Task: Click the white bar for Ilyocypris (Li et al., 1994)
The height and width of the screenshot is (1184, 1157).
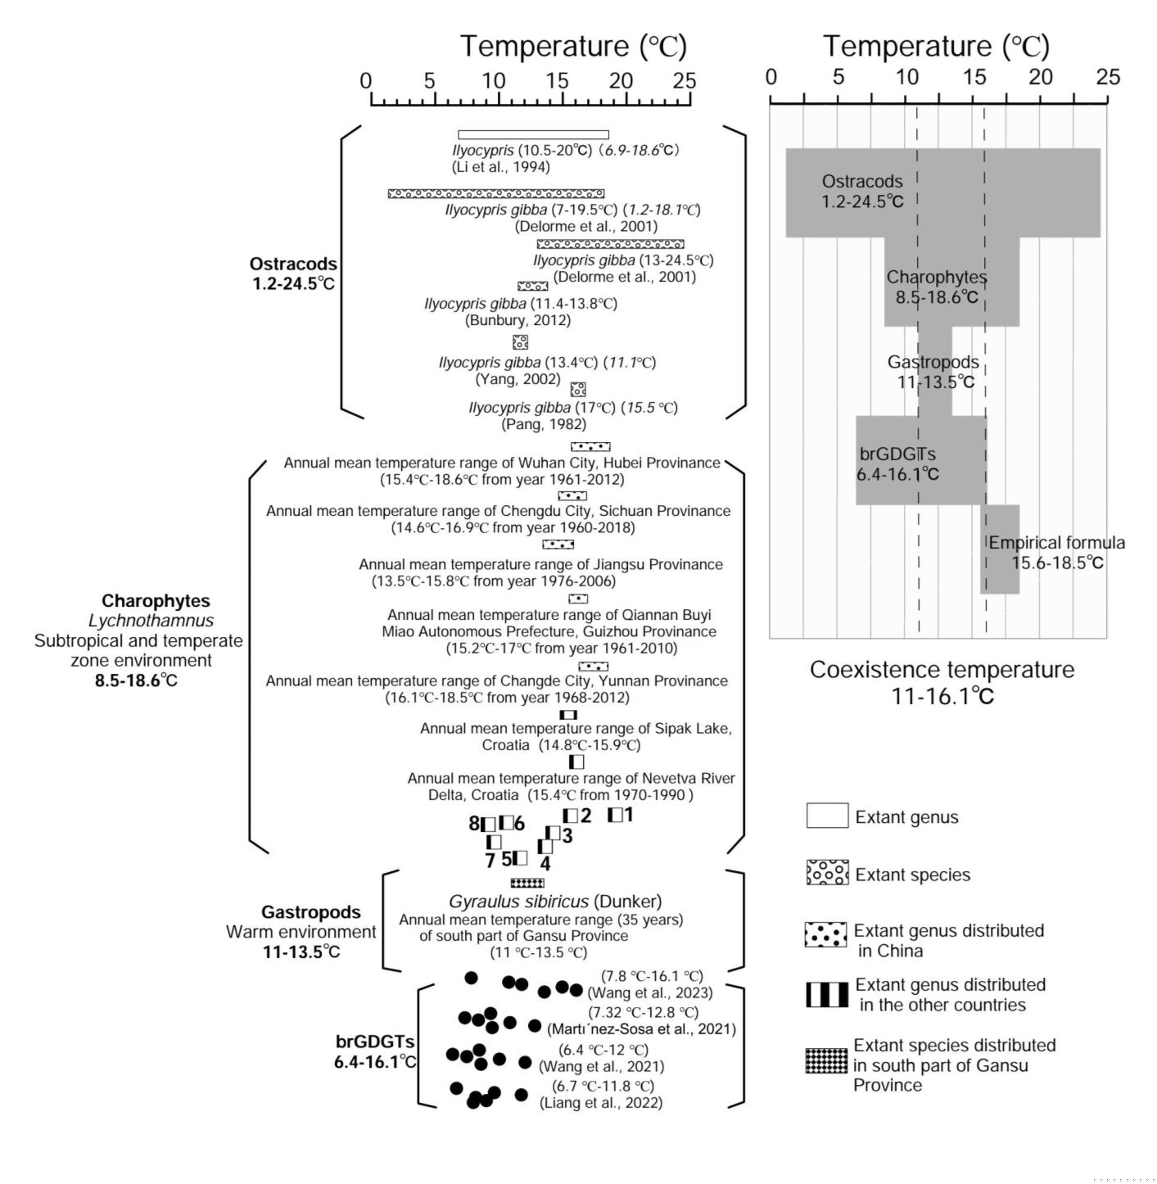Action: coord(533,134)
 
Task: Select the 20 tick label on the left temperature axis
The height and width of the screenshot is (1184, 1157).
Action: coord(621,81)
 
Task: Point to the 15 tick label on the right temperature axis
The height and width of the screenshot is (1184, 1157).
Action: coord(974,77)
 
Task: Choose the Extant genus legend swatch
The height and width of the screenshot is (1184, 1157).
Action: coord(827,816)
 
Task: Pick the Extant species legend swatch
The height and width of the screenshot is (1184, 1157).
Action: coord(827,873)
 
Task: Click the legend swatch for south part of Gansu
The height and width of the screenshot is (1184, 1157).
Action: coord(827,1060)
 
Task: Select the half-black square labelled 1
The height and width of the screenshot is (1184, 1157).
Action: coord(616,815)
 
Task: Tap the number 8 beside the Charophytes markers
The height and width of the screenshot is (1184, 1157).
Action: coord(474,824)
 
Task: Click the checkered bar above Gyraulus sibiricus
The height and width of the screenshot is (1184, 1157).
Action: coord(527,883)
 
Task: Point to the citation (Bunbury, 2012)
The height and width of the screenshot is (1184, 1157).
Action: coord(517,320)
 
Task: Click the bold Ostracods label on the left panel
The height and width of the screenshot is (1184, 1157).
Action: coord(293,264)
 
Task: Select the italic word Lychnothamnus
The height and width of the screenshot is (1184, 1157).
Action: coord(151,621)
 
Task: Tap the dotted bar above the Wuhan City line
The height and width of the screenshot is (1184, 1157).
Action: coord(590,446)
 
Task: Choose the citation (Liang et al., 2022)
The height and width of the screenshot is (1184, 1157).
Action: coord(601,1102)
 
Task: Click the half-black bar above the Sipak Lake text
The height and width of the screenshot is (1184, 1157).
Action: coord(568,714)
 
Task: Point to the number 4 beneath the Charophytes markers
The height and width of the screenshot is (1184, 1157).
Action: coord(545,863)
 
